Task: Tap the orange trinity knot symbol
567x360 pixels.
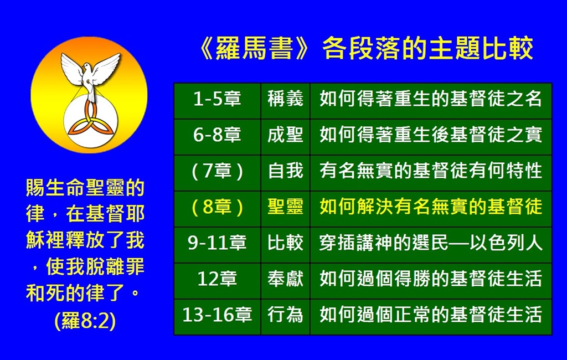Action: pyautogui.click(x=90, y=121)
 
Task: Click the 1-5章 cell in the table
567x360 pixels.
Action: pyautogui.click(x=217, y=101)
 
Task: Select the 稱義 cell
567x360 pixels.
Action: pyautogui.click(x=285, y=101)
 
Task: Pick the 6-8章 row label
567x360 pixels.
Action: pyautogui.click(x=217, y=137)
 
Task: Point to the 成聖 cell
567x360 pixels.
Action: pyautogui.click(x=285, y=137)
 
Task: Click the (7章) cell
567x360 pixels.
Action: pyautogui.click(x=217, y=173)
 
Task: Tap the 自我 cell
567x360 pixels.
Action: pyautogui.click(x=285, y=173)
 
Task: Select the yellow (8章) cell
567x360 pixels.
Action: pyautogui.click(x=217, y=209)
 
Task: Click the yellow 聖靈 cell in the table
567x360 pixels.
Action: pyautogui.click(x=285, y=209)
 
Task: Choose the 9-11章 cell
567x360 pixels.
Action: pyautogui.click(x=217, y=245)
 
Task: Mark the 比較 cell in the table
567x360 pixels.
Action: pyautogui.click(x=285, y=245)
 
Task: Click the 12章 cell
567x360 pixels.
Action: pyautogui.click(x=217, y=280)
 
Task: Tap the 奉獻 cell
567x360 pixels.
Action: pyautogui.click(x=285, y=280)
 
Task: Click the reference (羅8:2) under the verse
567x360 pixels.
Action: pyautogui.click(x=85, y=321)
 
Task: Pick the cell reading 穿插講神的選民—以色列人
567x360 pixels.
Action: pyautogui.click(x=431, y=245)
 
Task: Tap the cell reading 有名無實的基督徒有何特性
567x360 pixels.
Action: pyautogui.click(x=431, y=173)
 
